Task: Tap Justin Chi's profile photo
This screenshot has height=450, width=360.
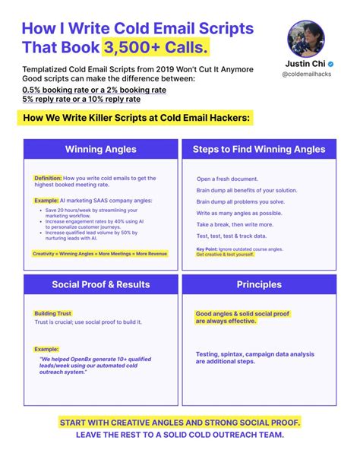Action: (x=306, y=37)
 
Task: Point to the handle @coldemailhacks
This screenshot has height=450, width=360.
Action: (x=306, y=76)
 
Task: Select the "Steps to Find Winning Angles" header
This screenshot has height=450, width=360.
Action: (x=258, y=149)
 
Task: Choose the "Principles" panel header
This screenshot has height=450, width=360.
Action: (x=258, y=285)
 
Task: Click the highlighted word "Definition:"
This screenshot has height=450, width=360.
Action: (x=48, y=179)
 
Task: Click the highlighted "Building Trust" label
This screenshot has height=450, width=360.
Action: (x=53, y=313)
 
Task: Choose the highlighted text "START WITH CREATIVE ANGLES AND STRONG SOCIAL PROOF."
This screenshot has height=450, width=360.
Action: (x=179, y=422)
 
